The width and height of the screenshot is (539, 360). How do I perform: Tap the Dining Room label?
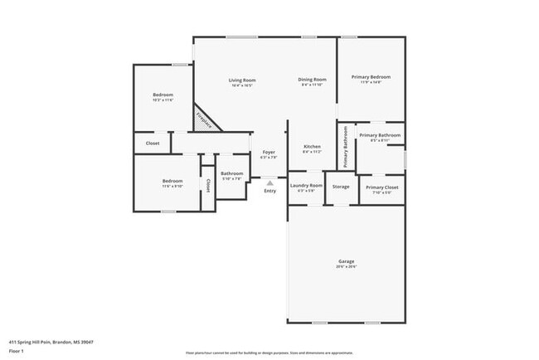(311, 80)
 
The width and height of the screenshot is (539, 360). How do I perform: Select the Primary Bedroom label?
(370, 77)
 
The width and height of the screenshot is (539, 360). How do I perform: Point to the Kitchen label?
(311, 147)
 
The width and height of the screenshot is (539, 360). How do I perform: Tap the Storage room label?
(341, 187)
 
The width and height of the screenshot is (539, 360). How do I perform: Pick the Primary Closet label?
(381, 187)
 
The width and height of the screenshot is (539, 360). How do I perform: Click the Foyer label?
(269, 153)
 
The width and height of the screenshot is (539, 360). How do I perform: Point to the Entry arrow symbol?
(269, 182)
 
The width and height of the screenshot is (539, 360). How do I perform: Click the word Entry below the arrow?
(269, 192)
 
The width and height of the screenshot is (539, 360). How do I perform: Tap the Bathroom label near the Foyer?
(231, 173)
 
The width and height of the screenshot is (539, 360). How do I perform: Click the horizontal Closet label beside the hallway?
(153, 144)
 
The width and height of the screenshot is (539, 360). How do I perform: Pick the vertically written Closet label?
(208, 184)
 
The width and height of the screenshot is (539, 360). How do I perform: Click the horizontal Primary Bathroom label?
(380, 135)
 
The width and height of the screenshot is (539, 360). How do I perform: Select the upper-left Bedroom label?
(163, 95)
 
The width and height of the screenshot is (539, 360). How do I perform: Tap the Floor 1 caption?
(17, 350)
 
